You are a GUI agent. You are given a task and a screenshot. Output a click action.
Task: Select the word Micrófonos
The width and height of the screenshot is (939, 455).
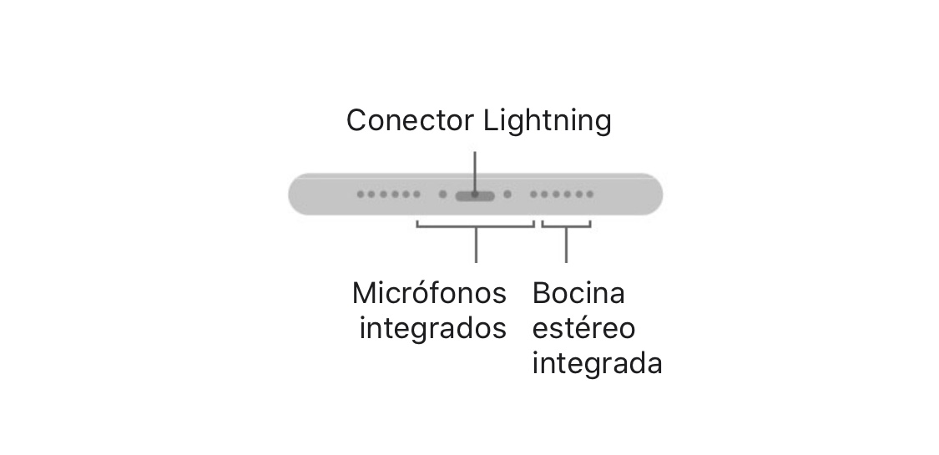pyautogui.click(x=429, y=293)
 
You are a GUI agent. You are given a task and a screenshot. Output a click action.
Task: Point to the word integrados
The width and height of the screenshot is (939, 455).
pyautogui.click(x=432, y=329)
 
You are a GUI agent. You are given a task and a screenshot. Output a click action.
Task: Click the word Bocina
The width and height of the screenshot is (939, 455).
pyautogui.click(x=578, y=293)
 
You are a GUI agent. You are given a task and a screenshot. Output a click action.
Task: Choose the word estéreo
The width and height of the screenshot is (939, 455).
pyautogui.click(x=583, y=328)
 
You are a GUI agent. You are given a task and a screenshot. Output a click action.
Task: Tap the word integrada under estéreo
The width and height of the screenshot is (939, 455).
pyautogui.click(x=597, y=364)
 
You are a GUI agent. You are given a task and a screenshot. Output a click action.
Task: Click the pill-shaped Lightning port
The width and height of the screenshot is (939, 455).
pyautogui.click(x=475, y=195)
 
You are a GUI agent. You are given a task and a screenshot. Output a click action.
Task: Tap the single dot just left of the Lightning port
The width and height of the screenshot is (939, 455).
pyautogui.click(x=442, y=195)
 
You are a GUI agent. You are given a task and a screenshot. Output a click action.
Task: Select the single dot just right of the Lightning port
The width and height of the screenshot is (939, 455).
pyautogui.click(x=507, y=195)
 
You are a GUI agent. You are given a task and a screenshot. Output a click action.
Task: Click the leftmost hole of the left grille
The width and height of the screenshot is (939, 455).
pyautogui.click(x=361, y=195)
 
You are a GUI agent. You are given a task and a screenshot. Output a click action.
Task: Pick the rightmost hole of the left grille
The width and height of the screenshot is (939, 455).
pyautogui.click(x=417, y=195)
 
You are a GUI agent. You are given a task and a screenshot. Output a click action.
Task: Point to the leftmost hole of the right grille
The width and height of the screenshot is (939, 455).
pyautogui.click(x=533, y=195)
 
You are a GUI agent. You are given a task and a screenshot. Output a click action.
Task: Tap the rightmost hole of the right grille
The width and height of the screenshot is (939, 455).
pyautogui.click(x=590, y=195)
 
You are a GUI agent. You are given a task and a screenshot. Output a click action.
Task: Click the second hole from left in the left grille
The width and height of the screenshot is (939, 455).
pyautogui.click(x=372, y=195)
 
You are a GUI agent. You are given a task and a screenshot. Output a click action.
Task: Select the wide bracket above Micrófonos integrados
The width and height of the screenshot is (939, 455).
pyautogui.click(x=475, y=225)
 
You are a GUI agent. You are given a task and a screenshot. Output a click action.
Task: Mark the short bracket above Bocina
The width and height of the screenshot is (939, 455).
pyautogui.click(x=566, y=225)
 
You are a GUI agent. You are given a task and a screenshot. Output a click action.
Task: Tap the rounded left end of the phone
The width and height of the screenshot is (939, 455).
pyautogui.click(x=298, y=195)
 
